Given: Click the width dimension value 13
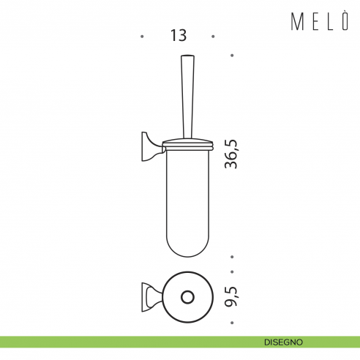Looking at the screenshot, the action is coord(179,35).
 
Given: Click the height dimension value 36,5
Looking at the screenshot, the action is coord(230,154).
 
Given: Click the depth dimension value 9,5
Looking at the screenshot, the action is coord(231,297).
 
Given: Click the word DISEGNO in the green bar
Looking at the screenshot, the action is coord(283,342).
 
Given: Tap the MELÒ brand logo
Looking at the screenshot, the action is coord(320,21).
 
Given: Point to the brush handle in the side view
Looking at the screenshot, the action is coord(187,97).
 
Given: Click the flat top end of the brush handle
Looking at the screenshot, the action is coord(187,56).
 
